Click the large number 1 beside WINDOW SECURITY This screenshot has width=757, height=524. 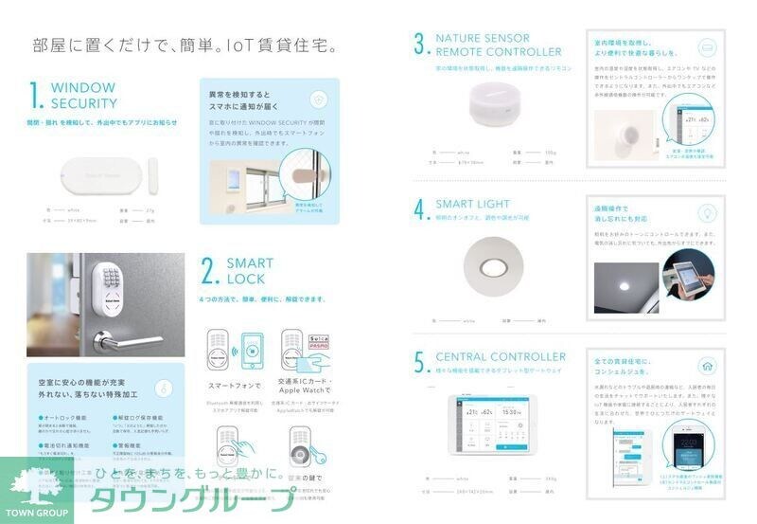[x=36, y=97]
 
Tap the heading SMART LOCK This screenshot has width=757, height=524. [x=250, y=271]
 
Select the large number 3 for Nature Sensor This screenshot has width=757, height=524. [x=420, y=45]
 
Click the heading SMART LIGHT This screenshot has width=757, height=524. [x=472, y=204]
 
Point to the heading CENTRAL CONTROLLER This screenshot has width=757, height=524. [x=501, y=357]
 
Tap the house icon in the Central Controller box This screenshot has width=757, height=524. [x=707, y=366]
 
